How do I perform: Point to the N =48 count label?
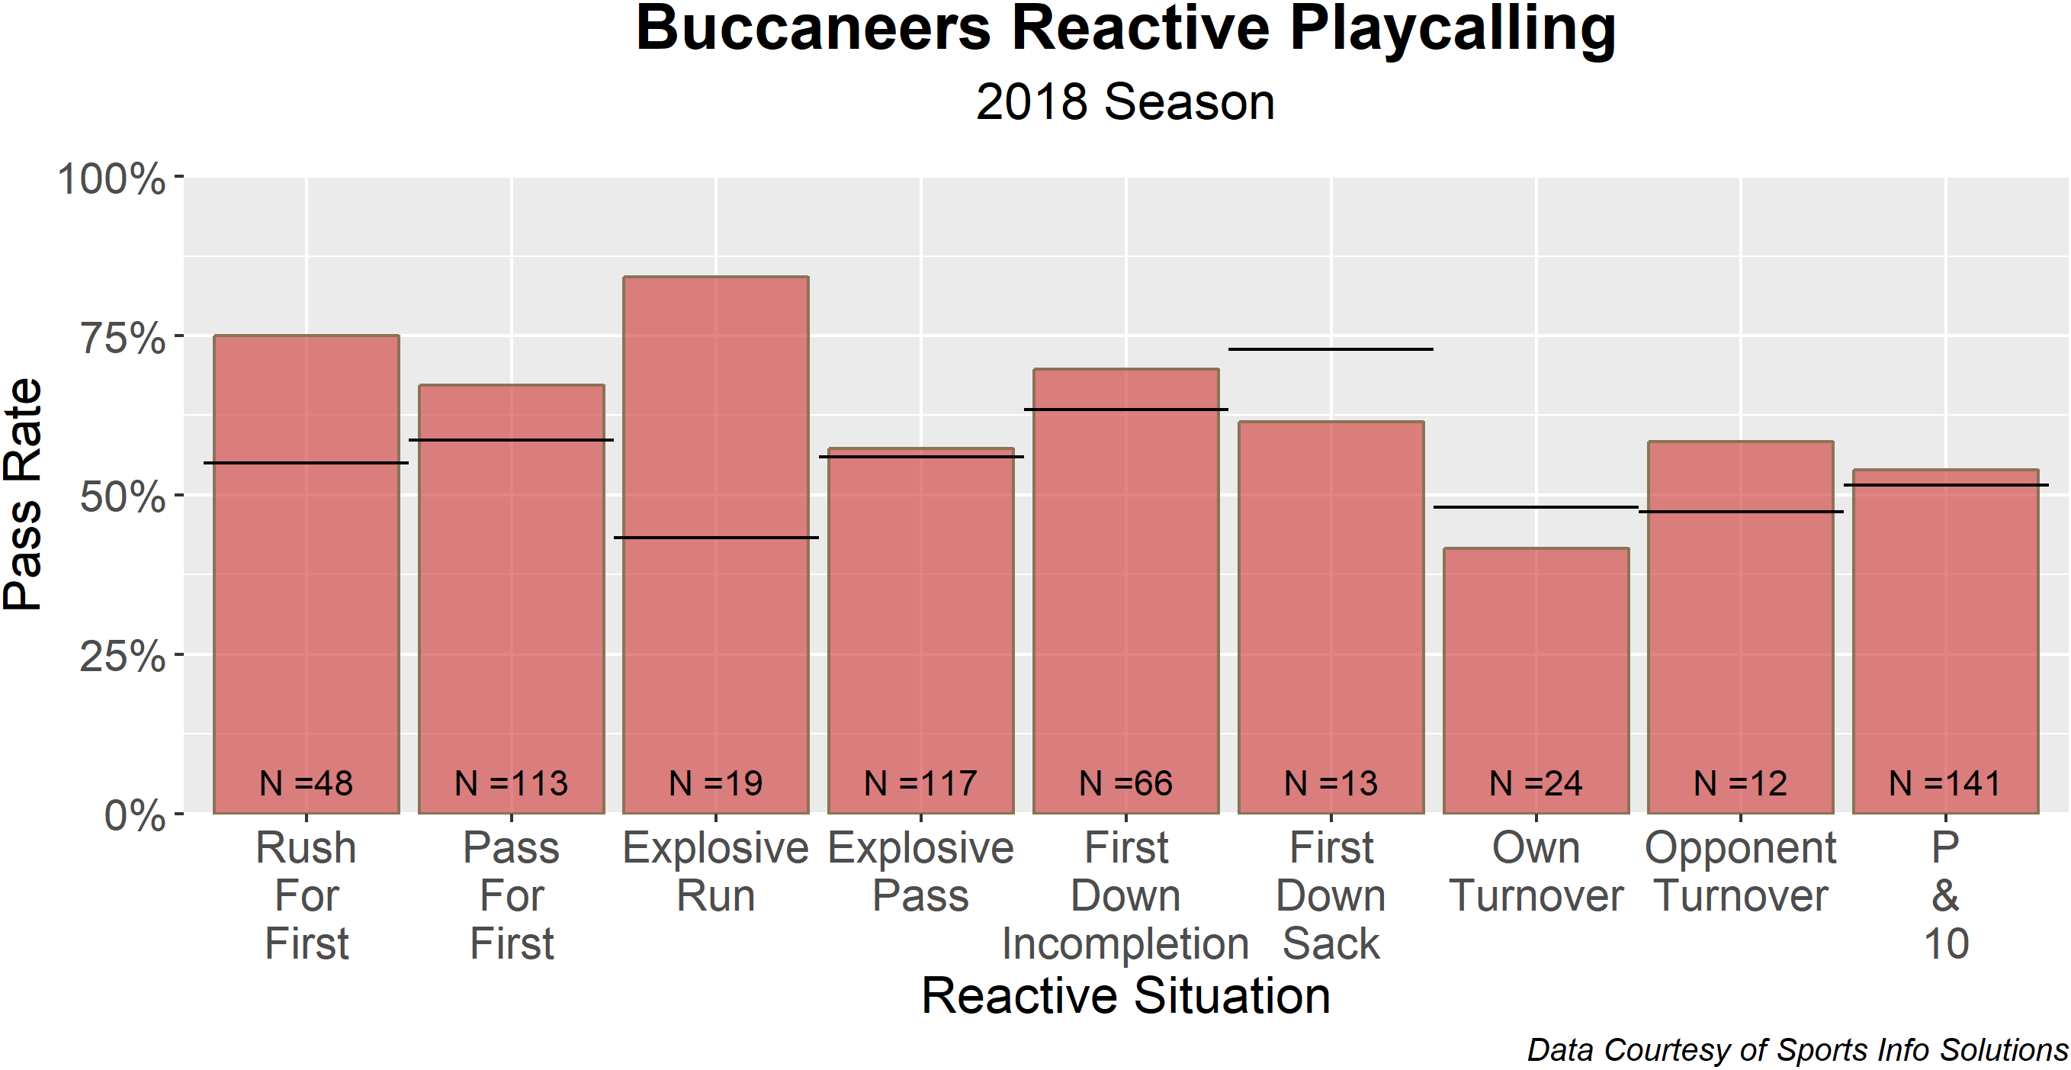tap(307, 783)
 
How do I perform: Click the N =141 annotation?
tap(1944, 783)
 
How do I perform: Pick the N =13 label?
tap(1331, 783)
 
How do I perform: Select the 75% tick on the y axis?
tap(122, 338)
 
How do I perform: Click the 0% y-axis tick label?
tap(135, 816)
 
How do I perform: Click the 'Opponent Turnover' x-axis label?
tap(1741, 872)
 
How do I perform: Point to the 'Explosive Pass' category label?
tap(920, 872)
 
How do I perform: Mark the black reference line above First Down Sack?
tap(1331, 349)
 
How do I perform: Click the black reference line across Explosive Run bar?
tap(715, 537)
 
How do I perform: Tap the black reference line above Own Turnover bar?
tap(1536, 507)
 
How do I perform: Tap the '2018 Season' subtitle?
tap(1125, 102)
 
